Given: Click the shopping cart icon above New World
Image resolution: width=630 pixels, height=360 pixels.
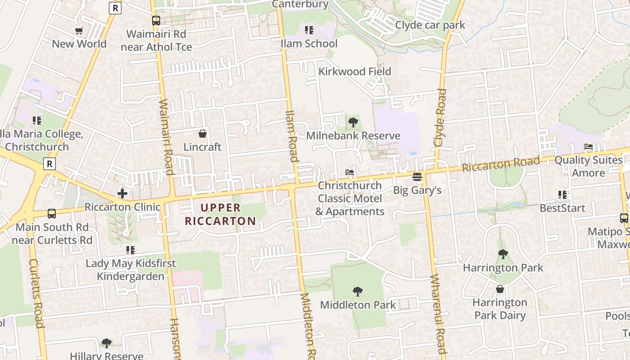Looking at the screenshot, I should (79, 31).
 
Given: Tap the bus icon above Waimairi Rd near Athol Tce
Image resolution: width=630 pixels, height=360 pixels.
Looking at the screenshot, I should (156, 21).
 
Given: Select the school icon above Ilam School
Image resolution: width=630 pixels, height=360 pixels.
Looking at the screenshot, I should (309, 30).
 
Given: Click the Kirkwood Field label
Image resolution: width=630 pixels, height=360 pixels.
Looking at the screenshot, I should (355, 72).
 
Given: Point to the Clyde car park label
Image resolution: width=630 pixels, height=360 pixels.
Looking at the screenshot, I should (430, 25).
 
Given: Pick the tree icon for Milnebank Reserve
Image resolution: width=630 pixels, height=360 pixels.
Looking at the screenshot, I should (353, 122).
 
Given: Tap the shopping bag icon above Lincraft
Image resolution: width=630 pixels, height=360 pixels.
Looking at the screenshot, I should (202, 134).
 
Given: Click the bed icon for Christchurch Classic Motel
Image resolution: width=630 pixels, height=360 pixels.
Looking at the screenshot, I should (350, 172).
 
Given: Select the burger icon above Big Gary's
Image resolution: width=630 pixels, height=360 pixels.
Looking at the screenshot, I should (417, 176).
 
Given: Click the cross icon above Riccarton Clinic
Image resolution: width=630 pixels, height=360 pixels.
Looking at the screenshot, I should (122, 194).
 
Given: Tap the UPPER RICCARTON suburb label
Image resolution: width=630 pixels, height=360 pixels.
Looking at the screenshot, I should (220, 215).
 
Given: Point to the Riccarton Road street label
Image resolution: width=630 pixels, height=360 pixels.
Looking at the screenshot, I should (500, 164).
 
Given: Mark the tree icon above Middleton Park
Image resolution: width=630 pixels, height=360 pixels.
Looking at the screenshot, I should (358, 292).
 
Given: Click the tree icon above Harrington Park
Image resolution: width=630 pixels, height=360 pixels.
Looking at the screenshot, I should (503, 254).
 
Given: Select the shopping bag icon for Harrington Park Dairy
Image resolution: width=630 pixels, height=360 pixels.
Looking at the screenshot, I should (500, 289).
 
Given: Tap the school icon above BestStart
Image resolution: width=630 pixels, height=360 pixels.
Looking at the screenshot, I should (562, 195).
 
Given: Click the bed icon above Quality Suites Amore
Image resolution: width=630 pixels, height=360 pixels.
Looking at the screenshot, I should (588, 147).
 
